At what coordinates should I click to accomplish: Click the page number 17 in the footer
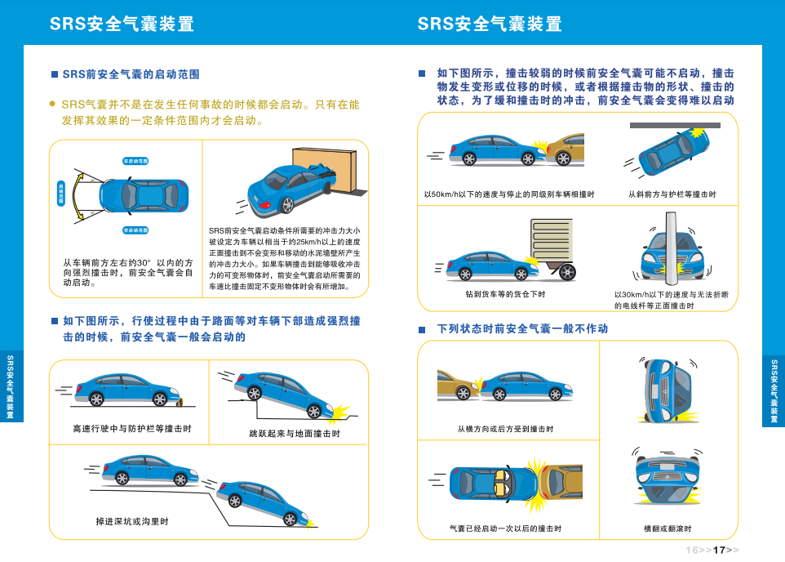[719, 550]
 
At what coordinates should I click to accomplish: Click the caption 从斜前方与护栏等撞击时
[672, 194]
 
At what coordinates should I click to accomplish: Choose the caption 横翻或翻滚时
[667, 529]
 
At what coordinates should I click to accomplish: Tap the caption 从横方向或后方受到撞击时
[505, 429]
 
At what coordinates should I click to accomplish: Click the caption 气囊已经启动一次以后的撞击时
[505, 529]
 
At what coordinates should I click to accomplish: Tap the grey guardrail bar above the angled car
[675, 126]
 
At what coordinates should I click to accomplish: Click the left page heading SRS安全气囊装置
[122, 24]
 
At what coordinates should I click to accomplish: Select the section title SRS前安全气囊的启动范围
[131, 74]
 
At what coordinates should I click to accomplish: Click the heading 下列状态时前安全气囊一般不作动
[522, 328]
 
